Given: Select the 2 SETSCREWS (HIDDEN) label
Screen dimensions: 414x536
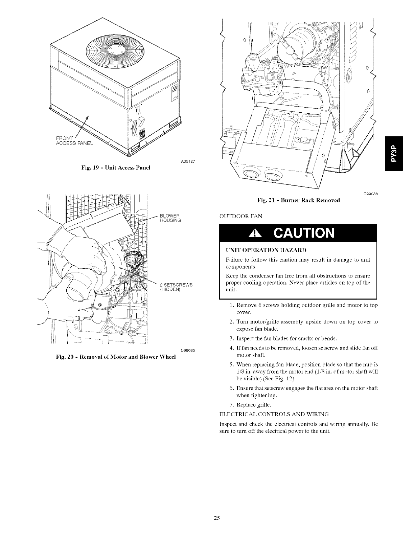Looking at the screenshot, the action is [176, 287].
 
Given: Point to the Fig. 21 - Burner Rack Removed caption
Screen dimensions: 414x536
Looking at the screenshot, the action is [298, 200].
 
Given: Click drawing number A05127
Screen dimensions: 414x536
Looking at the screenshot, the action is [188, 161].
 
